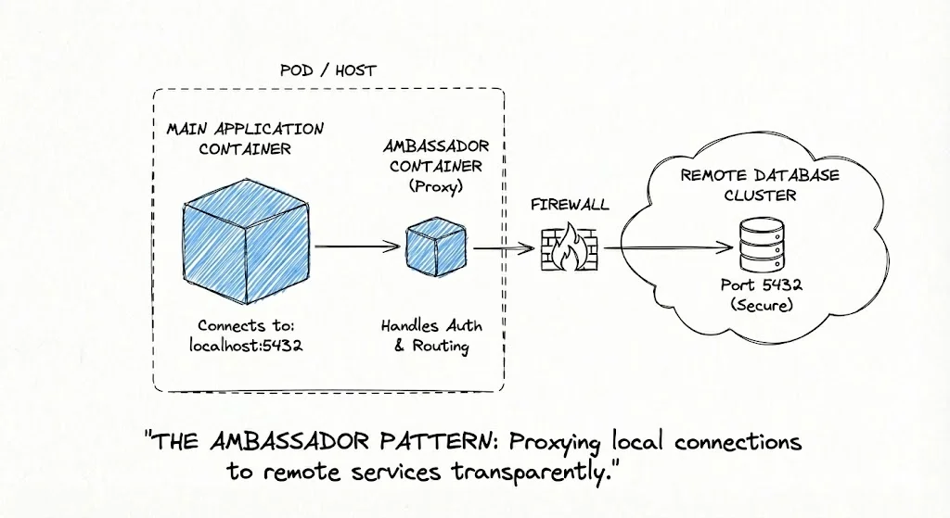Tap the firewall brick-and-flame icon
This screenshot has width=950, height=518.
pyautogui.click(x=569, y=246)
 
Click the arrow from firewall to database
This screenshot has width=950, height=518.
pyautogui.click(x=663, y=247)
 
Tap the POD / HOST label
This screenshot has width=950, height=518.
pyautogui.click(x=327, y=70)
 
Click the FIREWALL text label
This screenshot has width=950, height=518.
pyautogui.click(x=570, y=203)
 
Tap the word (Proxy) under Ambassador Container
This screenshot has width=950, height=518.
pyautogui.click(x=436, y=185)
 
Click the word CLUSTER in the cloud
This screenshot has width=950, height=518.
pyautogui.click(x=760, y=196)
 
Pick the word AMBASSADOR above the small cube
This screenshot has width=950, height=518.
pyautogui.click(x=436, y=147)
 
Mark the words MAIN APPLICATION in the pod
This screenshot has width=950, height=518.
pyautogui.click(x=245, y=128)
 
